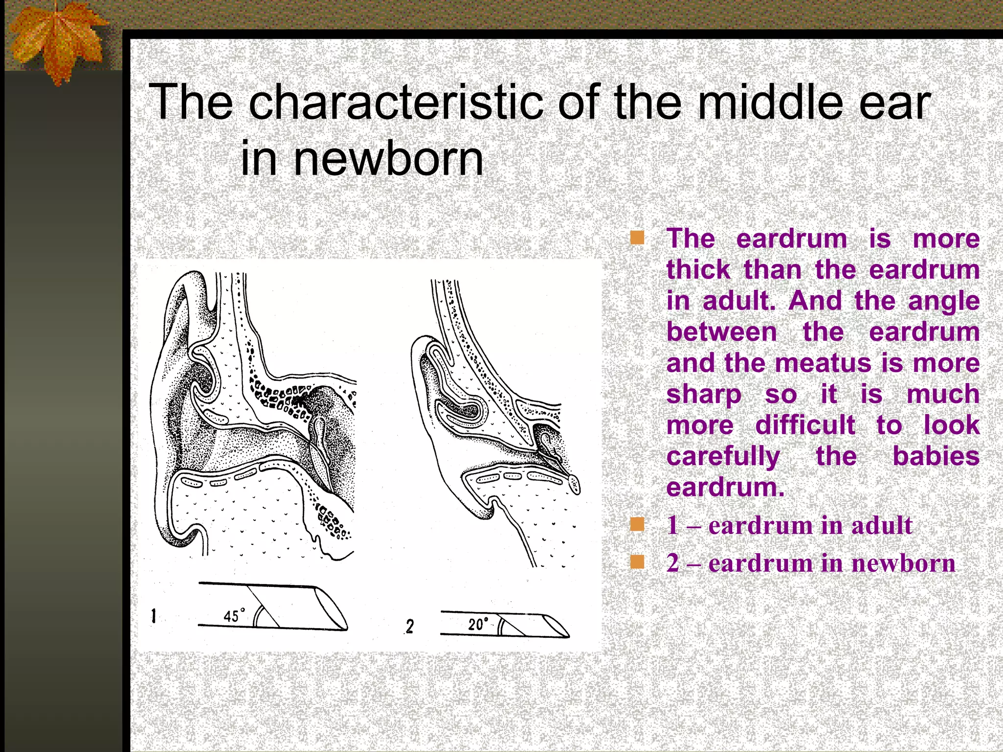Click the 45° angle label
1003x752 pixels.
234,615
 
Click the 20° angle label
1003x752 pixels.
478,624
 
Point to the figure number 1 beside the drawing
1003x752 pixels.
154,616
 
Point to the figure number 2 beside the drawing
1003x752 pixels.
409,626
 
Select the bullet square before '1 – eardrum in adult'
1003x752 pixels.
637,525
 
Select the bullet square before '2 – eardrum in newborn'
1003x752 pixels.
637,562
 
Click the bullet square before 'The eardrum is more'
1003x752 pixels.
637,238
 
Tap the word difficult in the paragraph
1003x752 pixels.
805,425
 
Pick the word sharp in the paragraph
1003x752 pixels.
704,394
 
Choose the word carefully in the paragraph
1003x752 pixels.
723,456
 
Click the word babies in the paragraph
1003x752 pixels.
935,456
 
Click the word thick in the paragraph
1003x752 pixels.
698,270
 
